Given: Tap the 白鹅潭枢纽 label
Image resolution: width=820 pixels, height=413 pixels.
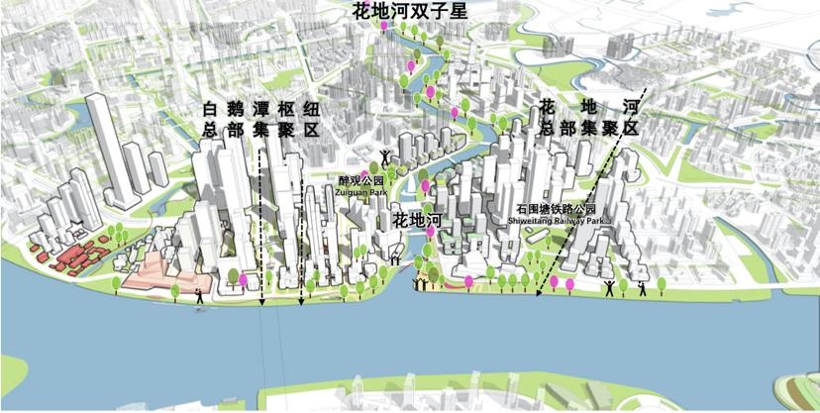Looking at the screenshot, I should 258,108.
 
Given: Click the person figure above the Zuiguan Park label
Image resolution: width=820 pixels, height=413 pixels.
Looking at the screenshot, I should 384,156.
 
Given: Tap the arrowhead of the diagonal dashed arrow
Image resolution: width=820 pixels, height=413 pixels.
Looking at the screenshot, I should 538,293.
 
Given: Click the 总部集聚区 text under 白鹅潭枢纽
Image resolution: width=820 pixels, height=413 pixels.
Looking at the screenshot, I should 258,130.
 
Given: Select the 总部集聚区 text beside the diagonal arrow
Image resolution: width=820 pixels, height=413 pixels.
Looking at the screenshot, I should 588,129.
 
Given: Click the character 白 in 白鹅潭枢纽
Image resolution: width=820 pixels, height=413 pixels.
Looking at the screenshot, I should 209,108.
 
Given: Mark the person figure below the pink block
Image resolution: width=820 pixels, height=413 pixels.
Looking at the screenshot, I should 200,294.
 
